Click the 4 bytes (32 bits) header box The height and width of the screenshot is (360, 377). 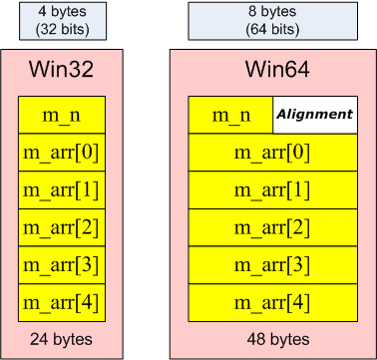[62, 21]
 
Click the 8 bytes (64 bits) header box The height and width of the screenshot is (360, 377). [273, 21]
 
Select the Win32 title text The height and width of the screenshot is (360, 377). [62, 71]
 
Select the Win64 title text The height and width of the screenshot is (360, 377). [273, 71]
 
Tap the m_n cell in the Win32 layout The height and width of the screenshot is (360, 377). [62, 115]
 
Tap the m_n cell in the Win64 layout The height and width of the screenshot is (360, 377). [230, 115]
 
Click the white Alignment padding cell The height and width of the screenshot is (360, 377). [315, 115]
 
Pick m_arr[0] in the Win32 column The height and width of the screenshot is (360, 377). [62, 153]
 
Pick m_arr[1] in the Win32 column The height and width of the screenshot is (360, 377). [62, 189]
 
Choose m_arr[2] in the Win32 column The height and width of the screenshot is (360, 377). [62, 226]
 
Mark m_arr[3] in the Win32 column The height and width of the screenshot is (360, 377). [62, 263]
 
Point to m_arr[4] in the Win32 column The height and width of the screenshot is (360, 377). [62, 300]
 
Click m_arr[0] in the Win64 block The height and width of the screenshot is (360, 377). [273, 153]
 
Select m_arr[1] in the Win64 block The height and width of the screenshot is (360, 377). [273, 189]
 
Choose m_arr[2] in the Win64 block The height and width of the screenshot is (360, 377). [273, 226]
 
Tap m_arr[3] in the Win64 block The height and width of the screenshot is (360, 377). [273, 263]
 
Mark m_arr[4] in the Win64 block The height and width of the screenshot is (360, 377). [273, 300]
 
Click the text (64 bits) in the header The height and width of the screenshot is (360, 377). [273, 29]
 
